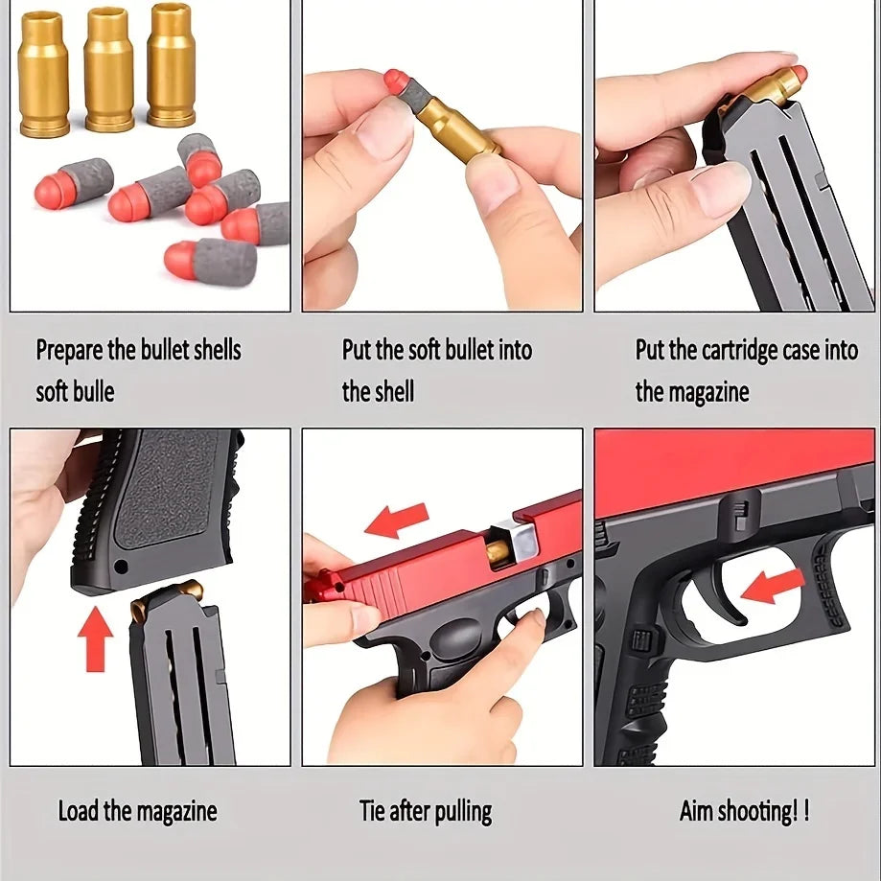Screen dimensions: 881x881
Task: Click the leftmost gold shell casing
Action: point(43,74)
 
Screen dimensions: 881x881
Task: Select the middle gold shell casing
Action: point(109,70)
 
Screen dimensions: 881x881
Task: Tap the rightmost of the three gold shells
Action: point(172,64)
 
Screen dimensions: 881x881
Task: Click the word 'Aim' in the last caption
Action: point(696,811)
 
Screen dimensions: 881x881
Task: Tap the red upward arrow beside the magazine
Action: point(96,638)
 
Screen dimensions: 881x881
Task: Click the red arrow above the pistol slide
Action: point(397,520)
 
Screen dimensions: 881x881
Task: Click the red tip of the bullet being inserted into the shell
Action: point(396,81)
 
